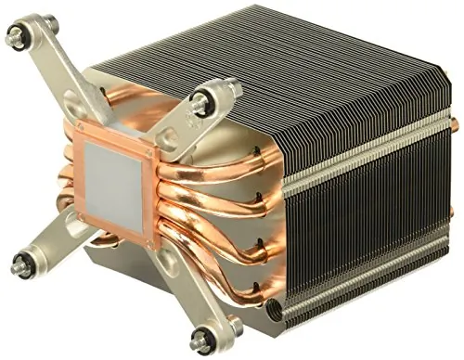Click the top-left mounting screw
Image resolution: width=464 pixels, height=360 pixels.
(16, 37)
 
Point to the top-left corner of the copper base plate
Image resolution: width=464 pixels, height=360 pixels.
(79, 122)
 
